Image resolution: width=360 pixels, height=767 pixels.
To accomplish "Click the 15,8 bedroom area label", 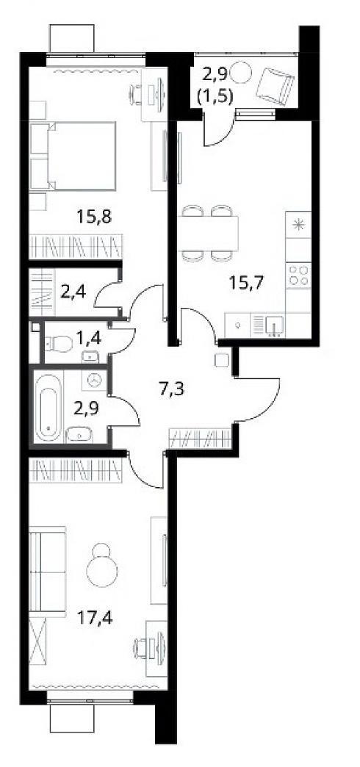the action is click(94, 215).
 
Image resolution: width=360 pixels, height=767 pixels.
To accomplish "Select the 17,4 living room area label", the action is click(96, 619).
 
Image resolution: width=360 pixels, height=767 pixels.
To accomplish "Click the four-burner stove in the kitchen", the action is click(298, 275).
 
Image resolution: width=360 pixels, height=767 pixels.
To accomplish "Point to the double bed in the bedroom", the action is click(73, 156).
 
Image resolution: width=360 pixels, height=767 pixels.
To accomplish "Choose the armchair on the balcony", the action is click(276, 86).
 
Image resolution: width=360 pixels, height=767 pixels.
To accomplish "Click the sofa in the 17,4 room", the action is click(48, 569).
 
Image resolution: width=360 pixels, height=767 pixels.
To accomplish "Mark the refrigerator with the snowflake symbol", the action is click(298, 225).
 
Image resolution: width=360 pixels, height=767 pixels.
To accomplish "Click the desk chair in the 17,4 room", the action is click(143, 649).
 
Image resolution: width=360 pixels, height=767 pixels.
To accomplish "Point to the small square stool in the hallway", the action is click(219, 359).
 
